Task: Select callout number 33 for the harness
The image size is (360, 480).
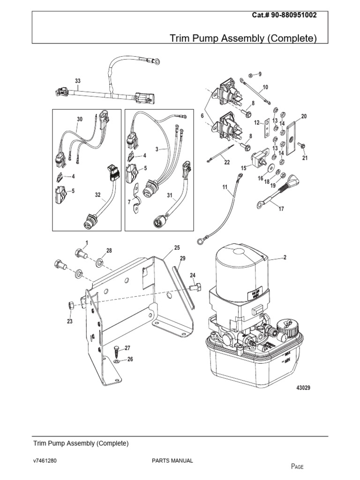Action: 78,81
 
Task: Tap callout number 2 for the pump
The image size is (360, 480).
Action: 284,258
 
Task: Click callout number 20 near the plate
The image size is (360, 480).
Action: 304,116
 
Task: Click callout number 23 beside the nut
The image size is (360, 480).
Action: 69,322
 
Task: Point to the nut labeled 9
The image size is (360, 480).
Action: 251,75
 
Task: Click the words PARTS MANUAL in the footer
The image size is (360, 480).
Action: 172,461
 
